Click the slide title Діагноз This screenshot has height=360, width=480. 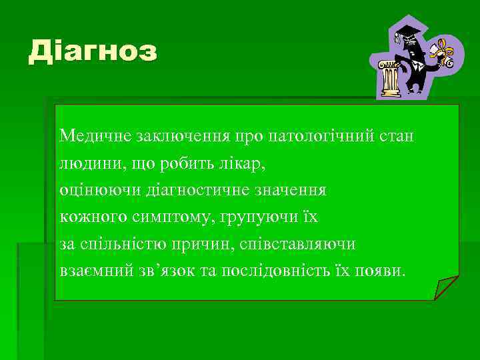coord(93,52)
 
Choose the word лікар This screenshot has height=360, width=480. coord(246,163)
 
